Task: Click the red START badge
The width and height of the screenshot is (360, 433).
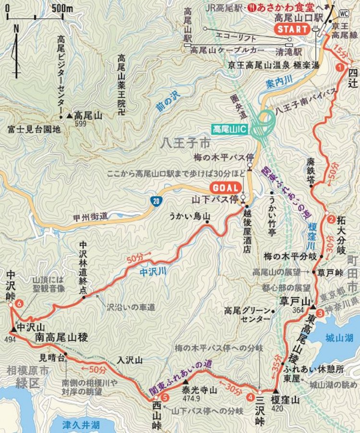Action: point(292,29)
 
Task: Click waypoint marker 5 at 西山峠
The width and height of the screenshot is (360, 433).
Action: point(165,397)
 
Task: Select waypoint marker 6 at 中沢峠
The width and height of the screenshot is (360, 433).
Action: point(19,303)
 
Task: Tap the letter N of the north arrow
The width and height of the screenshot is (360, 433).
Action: point(16,28)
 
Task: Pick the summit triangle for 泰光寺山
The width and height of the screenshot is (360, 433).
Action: point(186,382)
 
